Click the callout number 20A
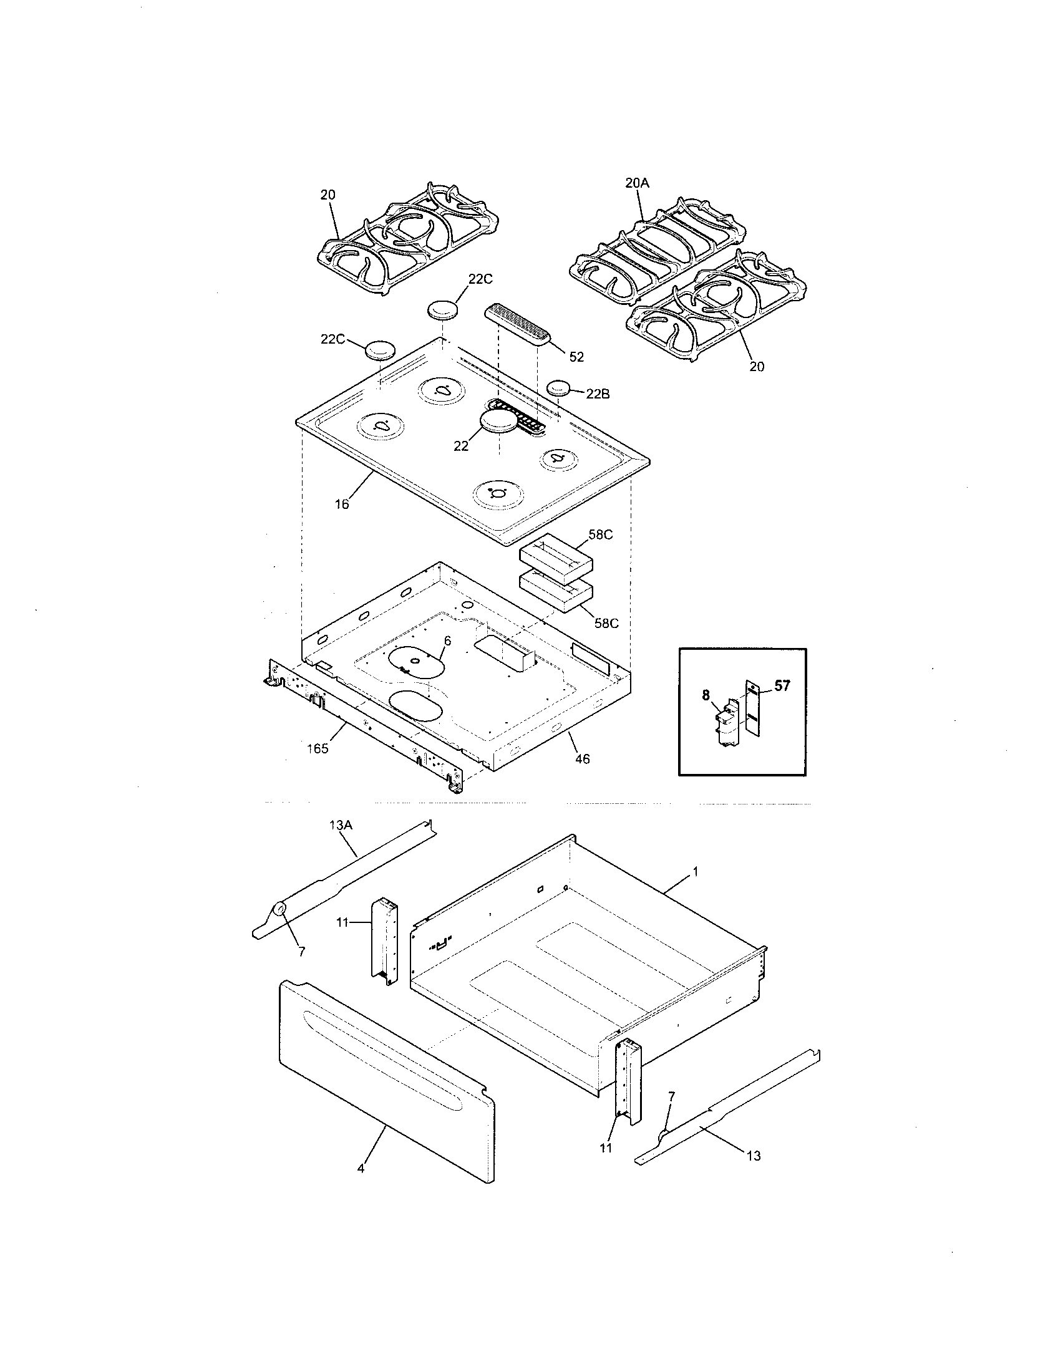(x=636, y=183)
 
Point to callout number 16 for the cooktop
(x=342, y=503)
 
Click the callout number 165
(x=318, y=748)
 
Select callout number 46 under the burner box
(x=583, y=759)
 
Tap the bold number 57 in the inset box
(x=782, y=685)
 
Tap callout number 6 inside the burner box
(x=447, y=640)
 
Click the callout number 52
(x=576, y=357)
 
